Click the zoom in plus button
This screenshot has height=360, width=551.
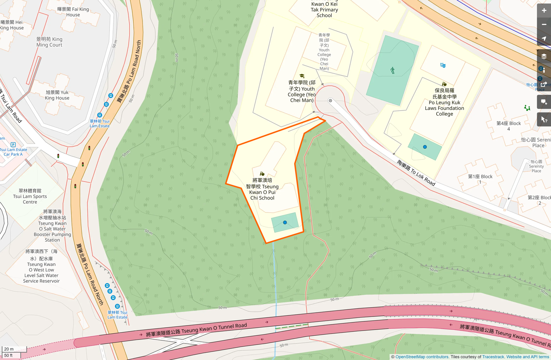click(x=544, y=11)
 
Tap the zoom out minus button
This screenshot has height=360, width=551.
click(x=544, y=25)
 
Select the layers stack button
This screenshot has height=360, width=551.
click(x=544, y=56)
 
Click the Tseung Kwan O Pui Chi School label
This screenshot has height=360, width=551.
click(x=262, y=189)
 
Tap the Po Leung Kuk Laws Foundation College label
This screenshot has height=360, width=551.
click(x=444, y=102)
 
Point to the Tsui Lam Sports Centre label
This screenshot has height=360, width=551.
click(x=30, y=196)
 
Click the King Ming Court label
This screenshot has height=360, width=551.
click(x=49, y=42)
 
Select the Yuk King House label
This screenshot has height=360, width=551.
click(x=57, y=95)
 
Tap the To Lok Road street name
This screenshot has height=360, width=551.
click(x=416, y=173)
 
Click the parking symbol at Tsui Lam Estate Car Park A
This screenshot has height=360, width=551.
click(x=13, y=144)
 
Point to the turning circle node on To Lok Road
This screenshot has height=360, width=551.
click(x=330, y=101)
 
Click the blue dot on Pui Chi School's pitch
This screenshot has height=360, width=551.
click(x=285, y=222)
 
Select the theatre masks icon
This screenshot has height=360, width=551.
click(x=443, y=65)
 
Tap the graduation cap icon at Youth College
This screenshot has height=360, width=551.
click(x=301, y=76)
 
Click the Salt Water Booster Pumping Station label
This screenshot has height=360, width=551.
click(x=52, y=226)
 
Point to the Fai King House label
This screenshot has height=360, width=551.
click(x=73, y=12)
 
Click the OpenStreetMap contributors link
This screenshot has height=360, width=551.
click(x=422, y=357)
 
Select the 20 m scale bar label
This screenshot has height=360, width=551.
click(x=9, y=349)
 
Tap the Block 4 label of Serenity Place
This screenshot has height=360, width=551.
click(x=509, y=126)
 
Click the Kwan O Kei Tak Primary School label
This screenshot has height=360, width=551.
click(x=324, y=9)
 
